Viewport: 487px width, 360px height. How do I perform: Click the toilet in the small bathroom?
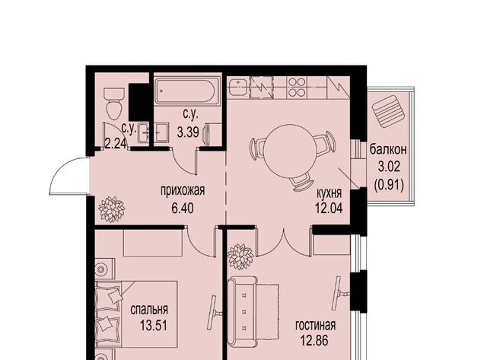tap(114, 104)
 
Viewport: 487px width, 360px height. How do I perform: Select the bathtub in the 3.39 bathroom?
tap(188, 90)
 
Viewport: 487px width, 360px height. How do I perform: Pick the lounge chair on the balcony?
tap(389, 111)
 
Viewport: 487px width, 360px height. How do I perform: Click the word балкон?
tap(388, 150)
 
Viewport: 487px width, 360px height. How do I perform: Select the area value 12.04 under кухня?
tap(329, 208)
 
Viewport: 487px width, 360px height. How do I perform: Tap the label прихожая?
tap(183, 190)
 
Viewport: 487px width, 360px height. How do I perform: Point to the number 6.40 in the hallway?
tap(183, 208)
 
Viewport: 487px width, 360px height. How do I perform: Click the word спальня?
tap(149, 310)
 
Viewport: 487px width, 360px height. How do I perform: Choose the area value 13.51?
tap(154, 326)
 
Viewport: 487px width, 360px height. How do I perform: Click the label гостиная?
tap(315, 325)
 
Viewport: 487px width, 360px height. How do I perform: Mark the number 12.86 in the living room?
tap(314, 341)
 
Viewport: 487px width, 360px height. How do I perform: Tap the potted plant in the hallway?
tap(112, 209)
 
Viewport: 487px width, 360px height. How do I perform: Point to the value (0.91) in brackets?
tap(389, 186)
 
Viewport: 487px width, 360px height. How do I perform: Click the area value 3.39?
tap(188, 132)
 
